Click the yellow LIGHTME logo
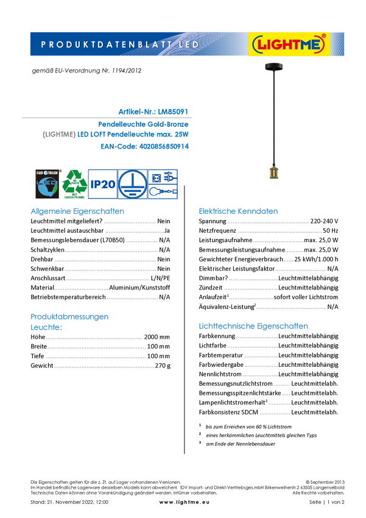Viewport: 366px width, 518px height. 289,44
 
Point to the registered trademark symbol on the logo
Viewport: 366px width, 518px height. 323,37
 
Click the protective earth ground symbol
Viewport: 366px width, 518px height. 132,183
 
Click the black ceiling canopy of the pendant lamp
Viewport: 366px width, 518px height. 273,66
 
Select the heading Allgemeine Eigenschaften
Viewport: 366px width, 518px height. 77,212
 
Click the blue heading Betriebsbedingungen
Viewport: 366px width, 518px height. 239,212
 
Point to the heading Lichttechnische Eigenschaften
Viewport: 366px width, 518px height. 254,327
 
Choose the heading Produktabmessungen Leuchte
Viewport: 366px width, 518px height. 69,322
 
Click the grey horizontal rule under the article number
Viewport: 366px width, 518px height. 107,116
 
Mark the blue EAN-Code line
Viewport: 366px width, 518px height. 145,147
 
